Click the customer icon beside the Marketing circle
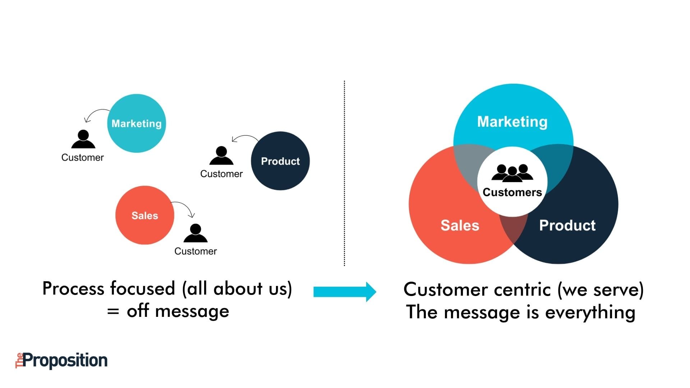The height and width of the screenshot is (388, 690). coord(83,139)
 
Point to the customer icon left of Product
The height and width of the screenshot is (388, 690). coord(221,156)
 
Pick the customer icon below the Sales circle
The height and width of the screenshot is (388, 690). coord(195,233)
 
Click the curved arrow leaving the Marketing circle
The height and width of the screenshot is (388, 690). coord(96,113)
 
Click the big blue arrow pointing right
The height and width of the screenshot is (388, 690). coord(344,292)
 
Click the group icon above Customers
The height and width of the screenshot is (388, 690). coord(512,172)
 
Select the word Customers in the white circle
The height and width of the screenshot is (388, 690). coord(512,192)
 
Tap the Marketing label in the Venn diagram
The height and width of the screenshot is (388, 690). coord(512,122)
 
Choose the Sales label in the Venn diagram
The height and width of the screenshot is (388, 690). coord(460,225)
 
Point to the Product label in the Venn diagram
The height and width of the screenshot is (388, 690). coord(567,225)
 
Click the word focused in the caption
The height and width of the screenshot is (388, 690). coord(142,288)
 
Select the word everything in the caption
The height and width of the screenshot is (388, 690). coord(590,312)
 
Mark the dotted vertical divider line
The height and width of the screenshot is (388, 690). coord(344,172)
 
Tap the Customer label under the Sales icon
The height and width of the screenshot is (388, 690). coord(195,251)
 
